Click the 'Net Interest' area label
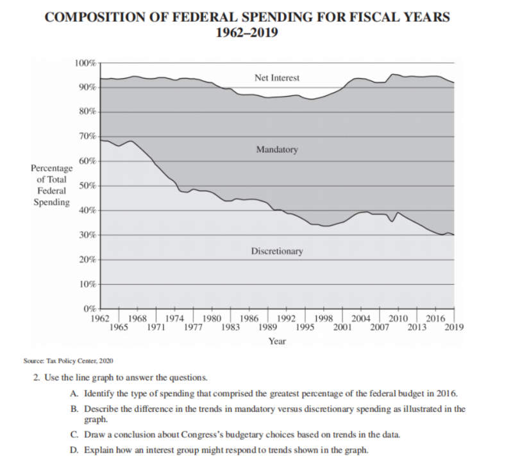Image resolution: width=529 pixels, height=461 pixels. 276,77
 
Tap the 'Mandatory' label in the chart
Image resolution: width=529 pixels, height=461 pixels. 276,150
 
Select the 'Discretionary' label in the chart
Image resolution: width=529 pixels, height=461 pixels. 276,251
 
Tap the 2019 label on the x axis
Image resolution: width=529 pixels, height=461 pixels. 453,327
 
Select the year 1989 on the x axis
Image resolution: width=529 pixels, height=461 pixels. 267,327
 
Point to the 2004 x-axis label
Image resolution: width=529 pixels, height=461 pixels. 361,318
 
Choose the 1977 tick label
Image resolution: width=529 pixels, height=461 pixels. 192,327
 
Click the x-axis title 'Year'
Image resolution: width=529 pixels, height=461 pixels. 276,341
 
